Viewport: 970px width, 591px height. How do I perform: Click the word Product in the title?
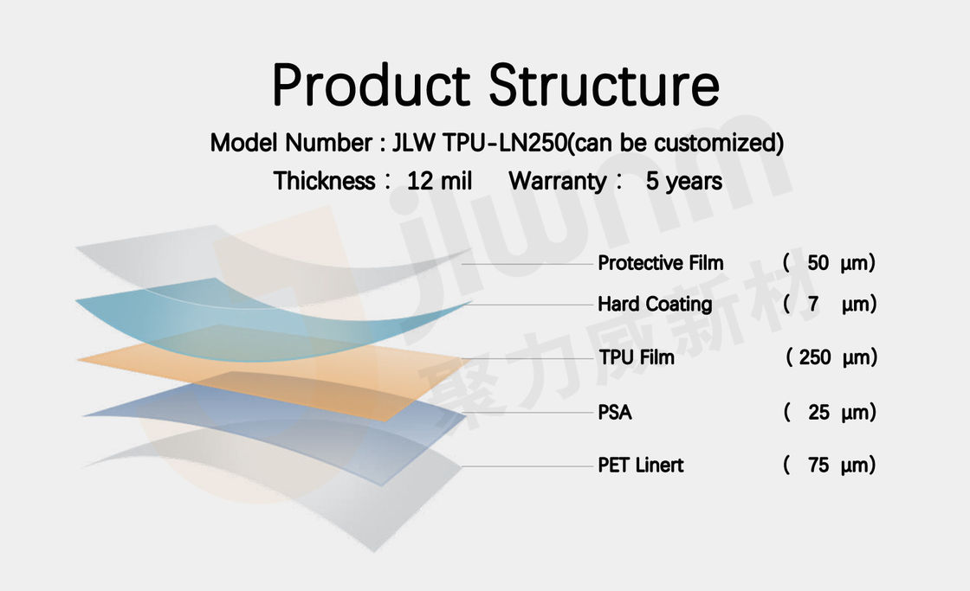pyautogui.click(x=372, y=86)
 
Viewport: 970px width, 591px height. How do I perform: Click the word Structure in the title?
pyautogui.click(x=605, y=86)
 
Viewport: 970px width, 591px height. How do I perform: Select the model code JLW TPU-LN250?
pyautogui.click(x=480, y=143)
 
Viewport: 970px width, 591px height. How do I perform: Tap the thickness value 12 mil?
pyautogui.click(x=439, y=181)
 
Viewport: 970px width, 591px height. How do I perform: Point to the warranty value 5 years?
pyautogui.click(x=684, y=181)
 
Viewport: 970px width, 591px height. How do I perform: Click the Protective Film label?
pyautogui.click(x=660, y=263)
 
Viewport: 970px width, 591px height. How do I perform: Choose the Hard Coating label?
pyautogui.click(x=655, y=305)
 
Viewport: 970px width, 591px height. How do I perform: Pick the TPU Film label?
pyautogui.click(x=637, y=357)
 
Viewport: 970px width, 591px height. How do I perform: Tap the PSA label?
pyautogui.click(x=614, y=413)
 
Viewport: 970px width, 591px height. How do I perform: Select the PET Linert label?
pyautogui.click(x=640, y=465)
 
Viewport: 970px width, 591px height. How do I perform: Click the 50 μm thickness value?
pyautogui.click(x=829, y=263)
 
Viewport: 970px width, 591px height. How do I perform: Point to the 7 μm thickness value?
pyautogui.click(x=830, y=305)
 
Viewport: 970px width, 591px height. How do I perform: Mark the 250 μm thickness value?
pyautogui.click(x=831, y=357)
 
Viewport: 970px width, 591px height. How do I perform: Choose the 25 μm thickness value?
pyautogui.click(x=830, y=413)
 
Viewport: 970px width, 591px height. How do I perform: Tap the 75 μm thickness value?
pyautogui.click(x=829, y=465)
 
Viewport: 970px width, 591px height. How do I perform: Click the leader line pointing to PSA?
pyautogui.click(x=527, y=413)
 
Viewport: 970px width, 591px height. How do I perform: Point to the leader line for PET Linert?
pyautogui.click(x=527, y=466)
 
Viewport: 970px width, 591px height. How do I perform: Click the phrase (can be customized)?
pyautogui.click(x=676, y=143)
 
